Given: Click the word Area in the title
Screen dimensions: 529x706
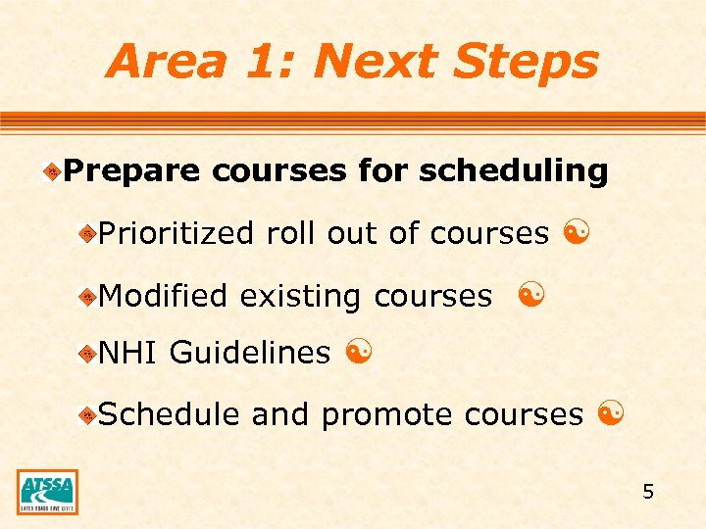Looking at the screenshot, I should click(163, 61).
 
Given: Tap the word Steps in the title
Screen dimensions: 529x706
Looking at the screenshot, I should click(525, 63).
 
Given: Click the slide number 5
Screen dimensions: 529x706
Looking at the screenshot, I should click(648, 491).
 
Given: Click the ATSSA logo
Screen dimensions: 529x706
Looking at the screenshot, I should click(47, 492).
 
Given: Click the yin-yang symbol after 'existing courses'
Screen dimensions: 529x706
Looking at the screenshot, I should click(530, 294).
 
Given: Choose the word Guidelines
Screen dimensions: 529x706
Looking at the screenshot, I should click(250, 354).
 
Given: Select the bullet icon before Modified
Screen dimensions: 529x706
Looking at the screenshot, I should click(87, 296).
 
